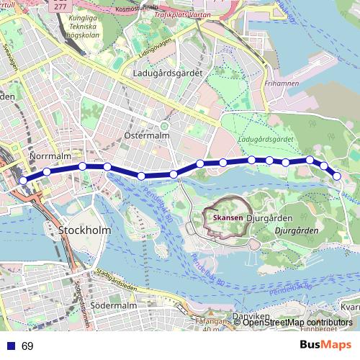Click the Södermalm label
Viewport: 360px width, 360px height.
119,306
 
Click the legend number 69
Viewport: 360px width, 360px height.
27,346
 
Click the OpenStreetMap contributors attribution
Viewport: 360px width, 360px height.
297,323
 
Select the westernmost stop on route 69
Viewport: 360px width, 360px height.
23,180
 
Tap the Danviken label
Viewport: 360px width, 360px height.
251,317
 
